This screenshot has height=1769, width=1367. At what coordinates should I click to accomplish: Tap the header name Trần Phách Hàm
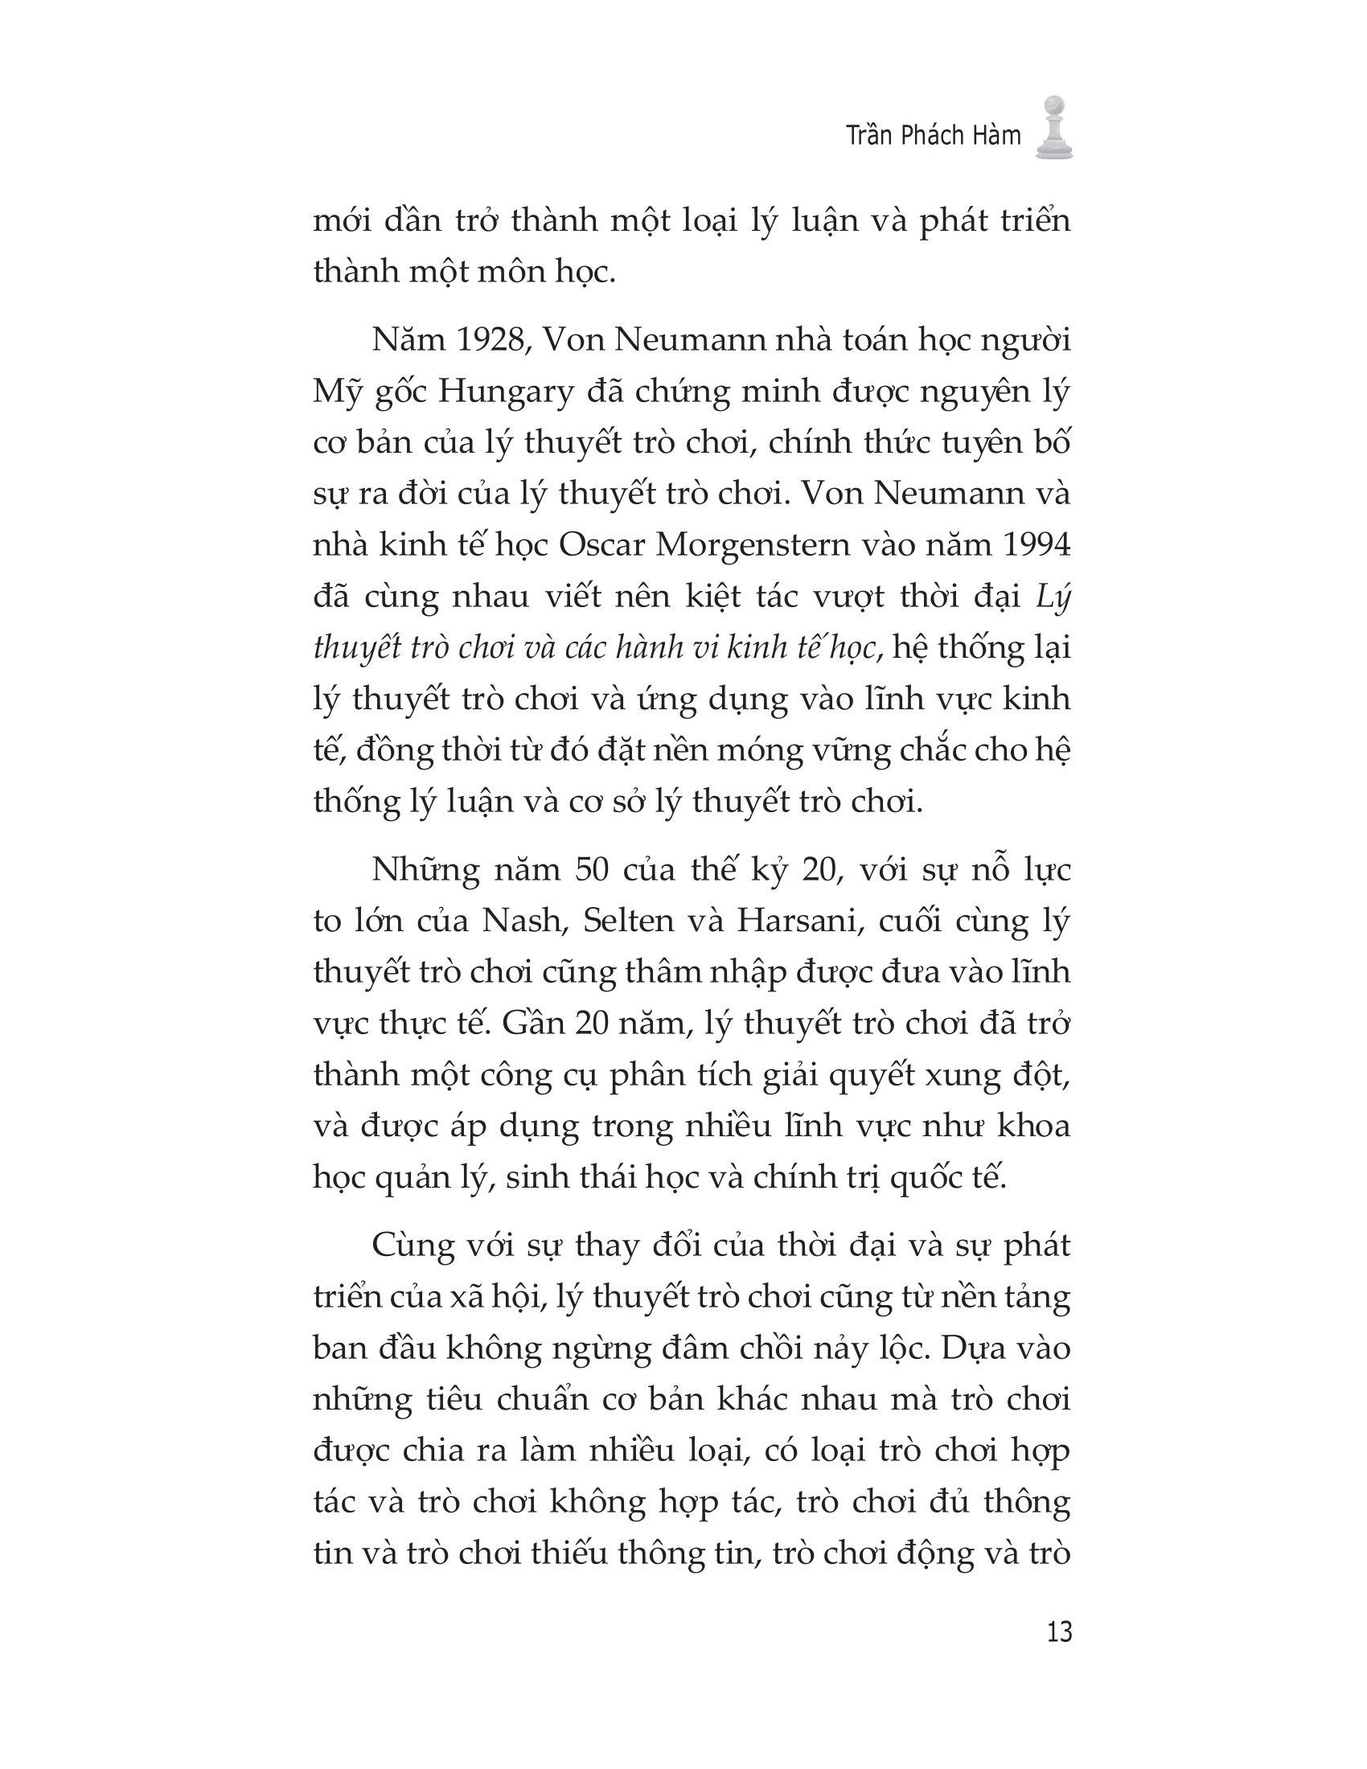pyautogui.click(x=933, y=136)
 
